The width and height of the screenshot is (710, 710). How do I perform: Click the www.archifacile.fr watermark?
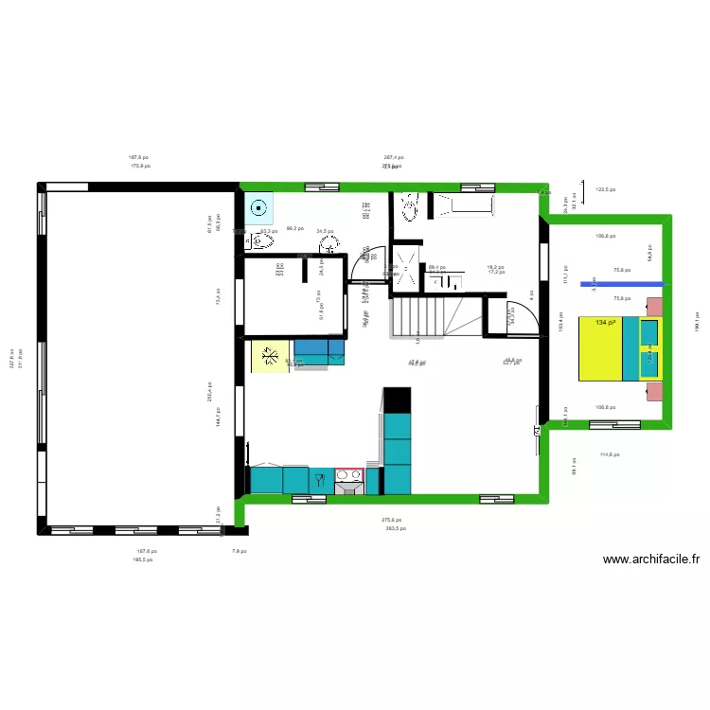(x=651, y=559)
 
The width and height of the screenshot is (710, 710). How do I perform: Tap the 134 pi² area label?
(x=606, y=323)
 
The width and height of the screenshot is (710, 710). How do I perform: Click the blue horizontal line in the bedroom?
(x=625, y=283)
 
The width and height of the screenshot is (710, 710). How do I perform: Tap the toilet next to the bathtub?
(x=409, y=207)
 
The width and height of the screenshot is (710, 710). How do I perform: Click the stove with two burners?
(x=348, y=482)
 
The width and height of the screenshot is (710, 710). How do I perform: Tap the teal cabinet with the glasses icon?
(x=320, y=480)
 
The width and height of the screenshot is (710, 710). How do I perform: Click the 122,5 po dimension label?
(x=606, y=189)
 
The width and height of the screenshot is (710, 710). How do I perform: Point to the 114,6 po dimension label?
(x=609, y=454)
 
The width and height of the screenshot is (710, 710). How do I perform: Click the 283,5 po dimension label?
(x=396, y=528)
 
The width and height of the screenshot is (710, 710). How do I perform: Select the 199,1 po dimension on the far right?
(x=696, y=322)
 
